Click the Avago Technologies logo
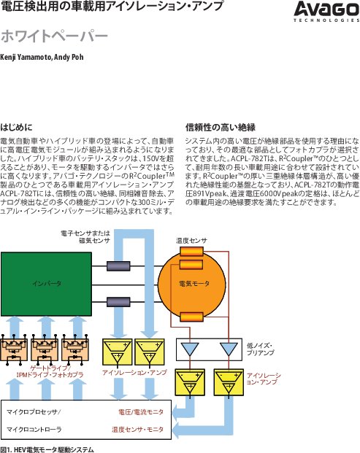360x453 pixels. tap(326, 12)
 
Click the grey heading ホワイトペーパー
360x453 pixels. tap(54, 36)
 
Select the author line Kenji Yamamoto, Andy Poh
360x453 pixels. tap(42, 57)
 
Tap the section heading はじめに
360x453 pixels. tap(16, 127)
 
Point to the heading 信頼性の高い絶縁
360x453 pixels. tap(221, 127)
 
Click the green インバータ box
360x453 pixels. tap(46, 284)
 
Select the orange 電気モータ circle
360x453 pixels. tap(192, 284)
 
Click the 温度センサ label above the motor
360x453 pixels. tap(191, 241)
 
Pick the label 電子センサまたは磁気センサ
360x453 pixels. tap(85, 236)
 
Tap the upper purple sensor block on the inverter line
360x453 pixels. tap(118, 266)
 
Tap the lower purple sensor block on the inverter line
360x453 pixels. tap(118, 302)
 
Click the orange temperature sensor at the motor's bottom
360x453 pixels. tap(191, 317)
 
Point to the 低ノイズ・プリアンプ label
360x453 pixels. tap(261, 349)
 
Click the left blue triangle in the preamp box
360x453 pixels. tap(190, 349)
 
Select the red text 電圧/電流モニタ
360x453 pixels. tap(141, 412)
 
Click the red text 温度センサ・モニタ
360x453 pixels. tap(137, 430)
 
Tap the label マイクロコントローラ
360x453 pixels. tap(34, 430)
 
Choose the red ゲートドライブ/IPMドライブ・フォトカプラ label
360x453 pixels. tap(50, 371)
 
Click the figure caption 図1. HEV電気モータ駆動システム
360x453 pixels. tap(47, 449)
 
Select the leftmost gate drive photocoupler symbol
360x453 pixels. tap(14, 349)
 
